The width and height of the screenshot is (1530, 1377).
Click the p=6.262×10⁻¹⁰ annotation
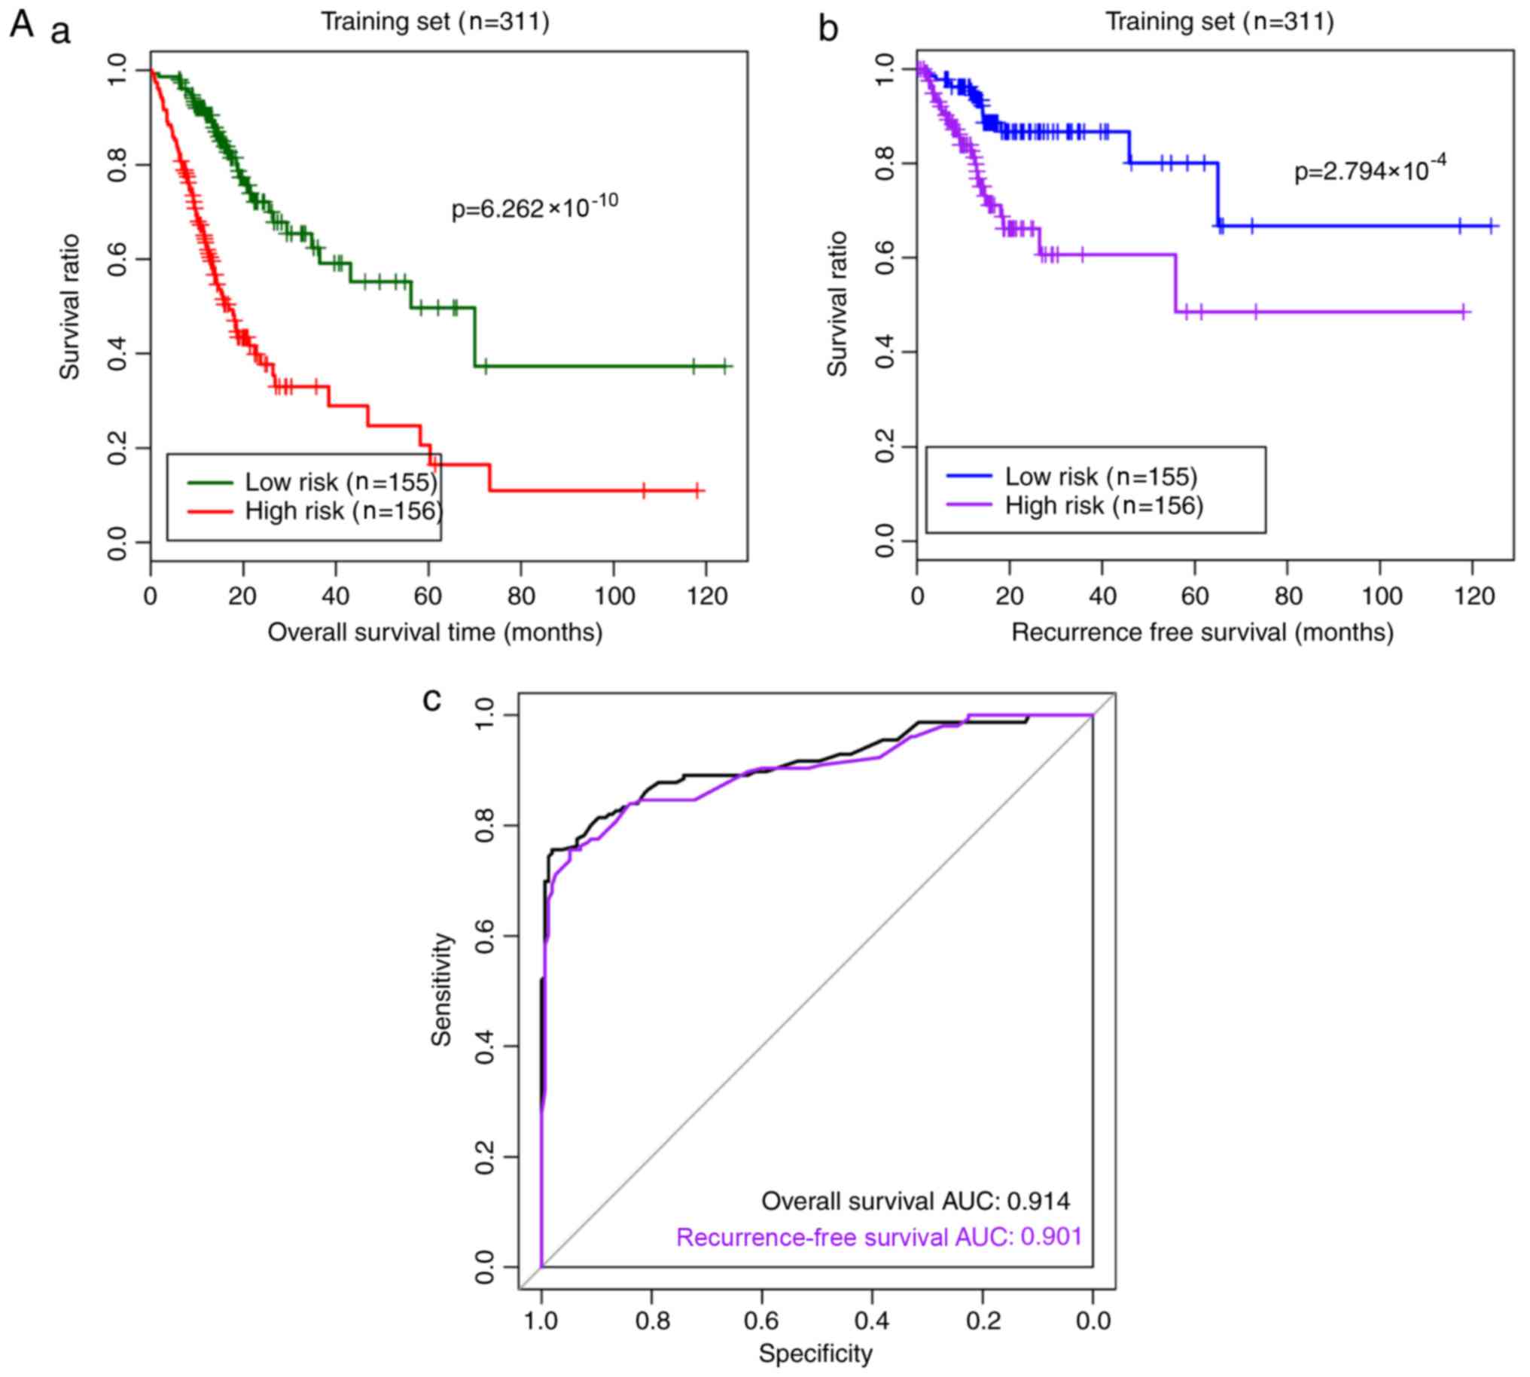coord(534,206)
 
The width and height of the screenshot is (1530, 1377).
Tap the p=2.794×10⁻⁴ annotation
coord(1370,170)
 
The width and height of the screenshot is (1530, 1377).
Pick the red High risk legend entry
coord(315,511)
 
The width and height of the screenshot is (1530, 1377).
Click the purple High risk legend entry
coord(1074,504)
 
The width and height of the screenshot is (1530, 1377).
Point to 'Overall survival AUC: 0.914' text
coord(916,1201)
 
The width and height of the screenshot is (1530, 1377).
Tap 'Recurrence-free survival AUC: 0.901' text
coord(879,1237)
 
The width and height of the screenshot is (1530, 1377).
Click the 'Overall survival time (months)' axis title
coord(435,632)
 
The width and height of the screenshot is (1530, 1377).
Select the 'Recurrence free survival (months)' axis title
coord(1202,632)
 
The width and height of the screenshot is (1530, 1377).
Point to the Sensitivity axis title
coord(442,989)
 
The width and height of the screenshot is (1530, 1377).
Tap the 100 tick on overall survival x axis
coord(614,597)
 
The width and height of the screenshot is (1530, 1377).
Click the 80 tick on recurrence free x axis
coord(1288,597)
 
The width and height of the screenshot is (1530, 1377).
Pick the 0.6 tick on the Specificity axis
coord(762,1321)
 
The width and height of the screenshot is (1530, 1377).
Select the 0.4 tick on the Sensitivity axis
coord(485,1046)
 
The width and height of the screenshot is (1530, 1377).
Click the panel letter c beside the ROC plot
coord(431,700)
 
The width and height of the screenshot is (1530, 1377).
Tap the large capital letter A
coord(21,24)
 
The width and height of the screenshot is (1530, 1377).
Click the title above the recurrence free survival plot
coord(1220,21)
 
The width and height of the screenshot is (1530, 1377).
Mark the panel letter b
coord(829,29)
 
